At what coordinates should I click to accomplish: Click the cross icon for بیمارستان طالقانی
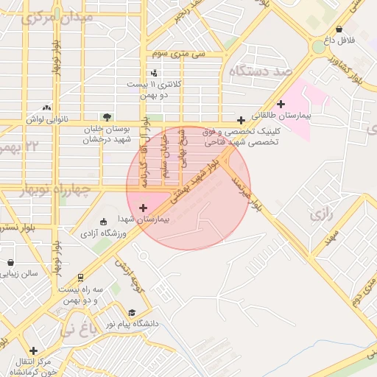pos(280,104)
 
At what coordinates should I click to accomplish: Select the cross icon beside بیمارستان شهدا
pos(143,208)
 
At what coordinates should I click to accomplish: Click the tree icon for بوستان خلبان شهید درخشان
pos(108,116)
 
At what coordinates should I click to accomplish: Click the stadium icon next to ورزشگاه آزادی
pos(103,221)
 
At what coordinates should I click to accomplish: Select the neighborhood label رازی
pos(321,216)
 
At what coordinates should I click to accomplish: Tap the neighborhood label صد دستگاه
pos(261,71)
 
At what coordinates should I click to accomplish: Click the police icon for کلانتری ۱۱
pos(154,73)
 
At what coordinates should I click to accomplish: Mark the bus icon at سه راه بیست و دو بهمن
pos(79,277)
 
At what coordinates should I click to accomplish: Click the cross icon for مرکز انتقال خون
pos(32,350)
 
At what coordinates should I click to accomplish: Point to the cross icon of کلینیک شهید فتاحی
pos(241,120)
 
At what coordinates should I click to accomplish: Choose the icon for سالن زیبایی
pos(10,262)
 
